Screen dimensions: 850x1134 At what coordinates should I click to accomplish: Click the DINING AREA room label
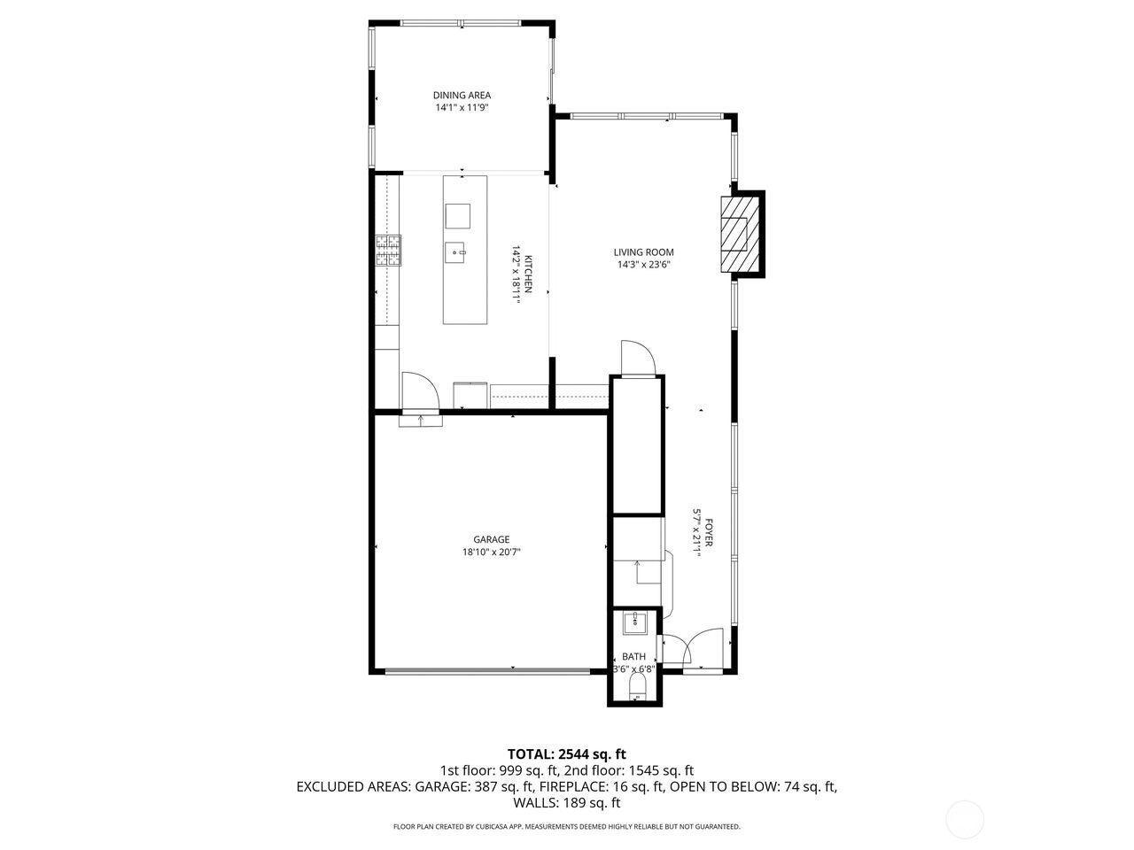[x=462, y=96]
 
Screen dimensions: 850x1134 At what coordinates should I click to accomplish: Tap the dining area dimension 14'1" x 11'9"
[x=462, y=108]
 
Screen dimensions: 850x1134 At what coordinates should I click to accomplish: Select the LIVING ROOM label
[x=644, y=252]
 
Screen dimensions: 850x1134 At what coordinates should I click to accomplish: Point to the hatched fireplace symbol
[x=734, y=235]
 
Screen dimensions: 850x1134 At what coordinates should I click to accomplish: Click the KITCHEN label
[x=529, y=274]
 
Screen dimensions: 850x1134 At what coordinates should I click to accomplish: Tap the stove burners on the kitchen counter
[x=387, y=251]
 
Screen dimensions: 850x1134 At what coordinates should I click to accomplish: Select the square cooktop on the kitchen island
[x=458, y=216]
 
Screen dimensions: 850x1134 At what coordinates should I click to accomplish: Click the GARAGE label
[x=491, y=539]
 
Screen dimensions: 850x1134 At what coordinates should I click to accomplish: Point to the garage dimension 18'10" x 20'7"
[x=491, y=552]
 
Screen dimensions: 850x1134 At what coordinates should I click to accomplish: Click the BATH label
[x=633, y=656]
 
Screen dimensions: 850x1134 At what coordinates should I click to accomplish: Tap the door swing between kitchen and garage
[x=418, y=390]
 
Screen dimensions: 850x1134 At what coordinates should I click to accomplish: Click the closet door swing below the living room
[x=637, y=359]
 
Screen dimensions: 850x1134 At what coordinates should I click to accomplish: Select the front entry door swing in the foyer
[x=706, y=644]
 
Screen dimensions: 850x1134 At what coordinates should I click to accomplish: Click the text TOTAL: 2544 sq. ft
[x=566, y=754]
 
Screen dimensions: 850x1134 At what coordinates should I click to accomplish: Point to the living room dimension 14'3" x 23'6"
[x=644, y=265]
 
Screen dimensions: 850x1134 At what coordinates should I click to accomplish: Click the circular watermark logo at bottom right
[x=965, y=819]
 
